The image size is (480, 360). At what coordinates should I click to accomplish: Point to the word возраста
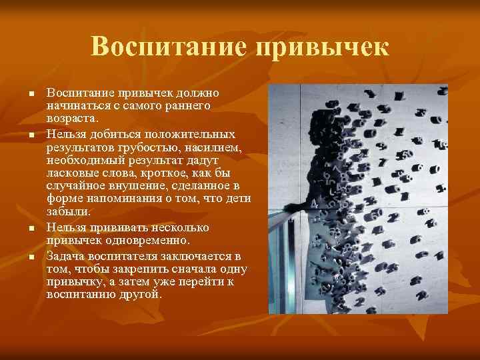[72, 117]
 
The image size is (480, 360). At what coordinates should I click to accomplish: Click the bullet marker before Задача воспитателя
[30, 257]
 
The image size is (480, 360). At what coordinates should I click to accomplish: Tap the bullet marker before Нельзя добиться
[30, 135]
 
